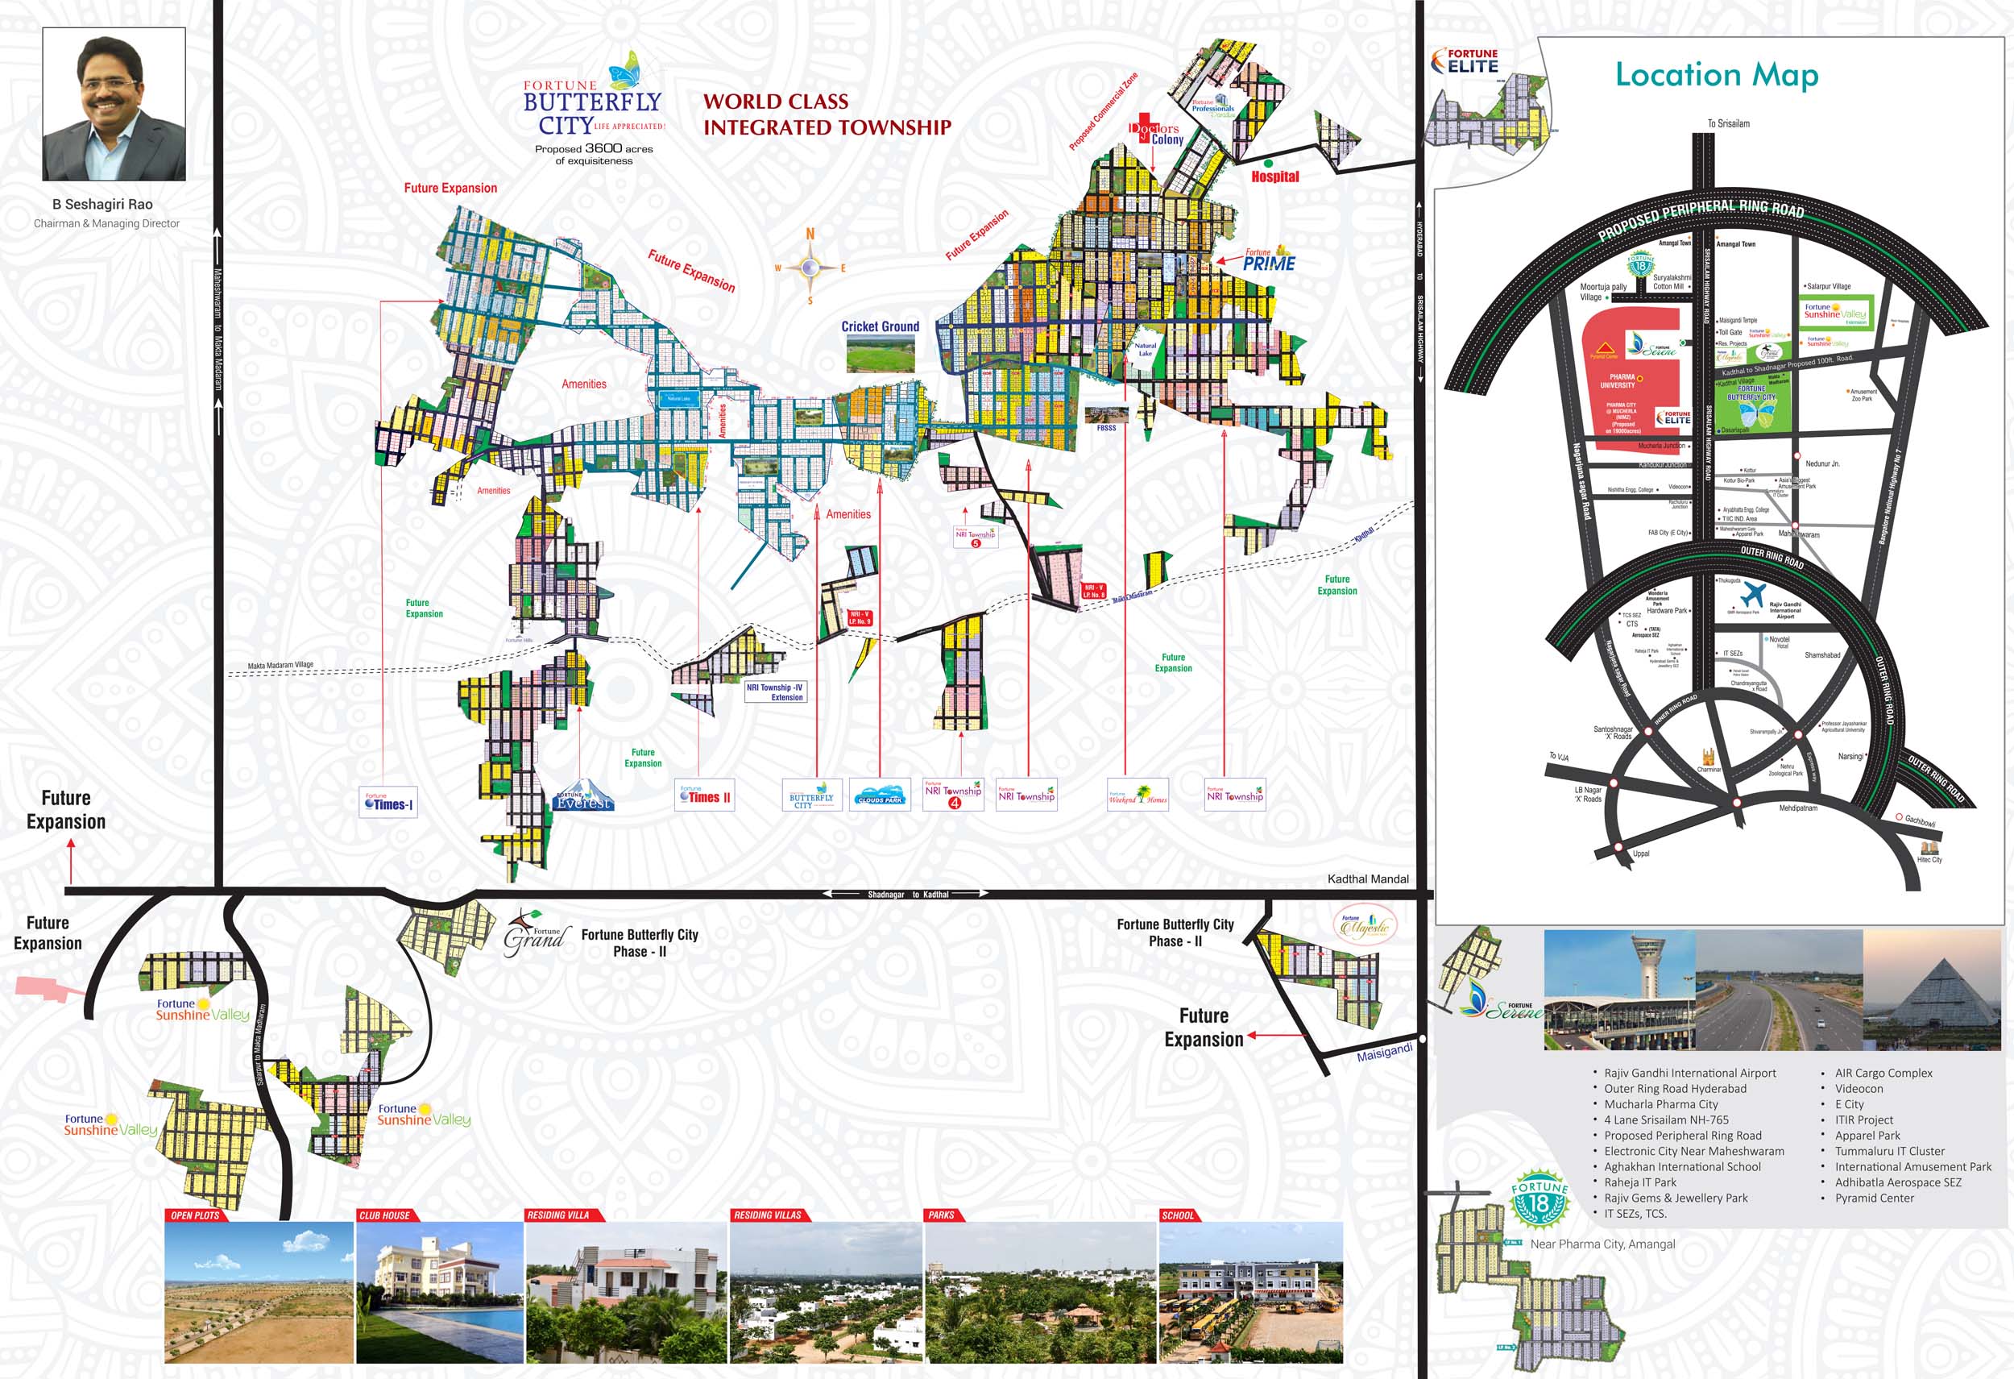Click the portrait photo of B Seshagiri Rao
pyautogui.click(x=114, y=104)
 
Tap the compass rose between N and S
pyautogui.click(x=810, y=267)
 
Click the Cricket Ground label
pyautogui.click(x=880, y=326)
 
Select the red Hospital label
pyautogui.click(x=1274, y=177)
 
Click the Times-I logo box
pyautogui.click(x=389, y=802)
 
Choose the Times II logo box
pyautogui.click(x=705, y=795)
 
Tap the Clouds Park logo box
pyautogui.click(x=880, y=795)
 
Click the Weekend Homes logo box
pyautogui.click(x=1138, y=795)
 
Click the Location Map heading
pyautogui.click(x=1716, y=76)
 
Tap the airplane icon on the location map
pyautogui.click(x=1752, y=594)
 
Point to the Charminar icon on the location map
pyautogui.click(x=1708, y=758)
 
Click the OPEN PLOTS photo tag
pyautogui.click(x=196, y=1215)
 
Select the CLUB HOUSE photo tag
pyautogui.click(x=385, y=1215)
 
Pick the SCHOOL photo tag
pyautogui.click(x=1178, y=1215)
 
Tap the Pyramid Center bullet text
pyautogui.click(x=1874, y=1198)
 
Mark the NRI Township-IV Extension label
pyautogui.click(x=776, y=692)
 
